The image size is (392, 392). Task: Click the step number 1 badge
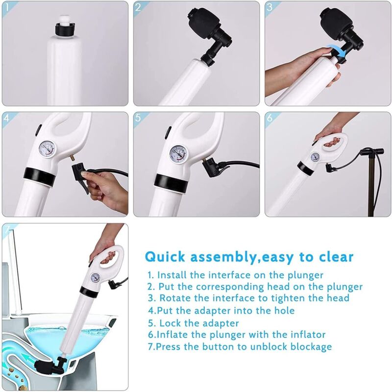7,7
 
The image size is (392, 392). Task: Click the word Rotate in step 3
173,298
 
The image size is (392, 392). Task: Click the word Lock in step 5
170,323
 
